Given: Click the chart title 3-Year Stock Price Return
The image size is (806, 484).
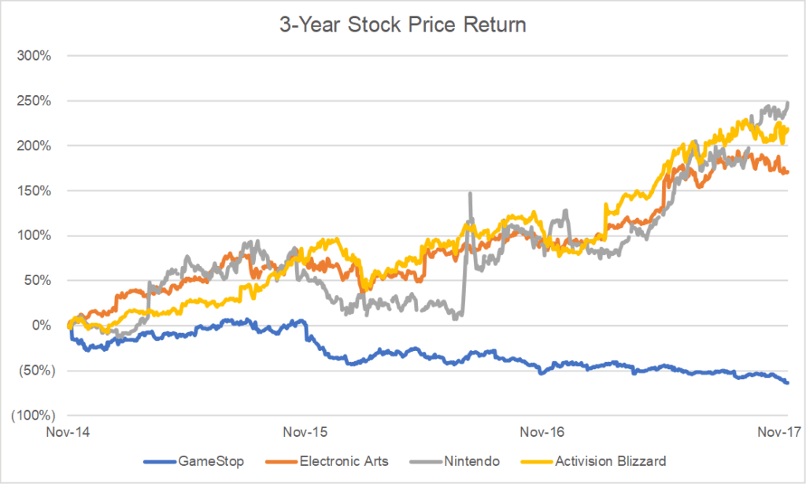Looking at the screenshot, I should pos(402,25).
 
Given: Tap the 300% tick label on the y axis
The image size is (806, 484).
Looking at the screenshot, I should pos(36,57).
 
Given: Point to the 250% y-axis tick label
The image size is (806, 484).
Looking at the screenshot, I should pos(36,102).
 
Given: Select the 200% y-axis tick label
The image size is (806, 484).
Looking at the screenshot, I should pos(36,146).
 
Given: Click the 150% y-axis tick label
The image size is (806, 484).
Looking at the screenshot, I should pos(36,191).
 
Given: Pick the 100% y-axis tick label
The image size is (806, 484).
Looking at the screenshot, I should pos(36,236).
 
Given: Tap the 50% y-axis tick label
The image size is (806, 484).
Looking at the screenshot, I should pos(39,281).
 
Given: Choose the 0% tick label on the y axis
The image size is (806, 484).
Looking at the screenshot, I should pos(43,326).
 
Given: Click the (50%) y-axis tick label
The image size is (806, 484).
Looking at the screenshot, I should pos(36,371).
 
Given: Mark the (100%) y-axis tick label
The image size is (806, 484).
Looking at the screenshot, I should pos(33,416).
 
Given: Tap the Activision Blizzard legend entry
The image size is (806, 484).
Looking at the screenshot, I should pos(603,459).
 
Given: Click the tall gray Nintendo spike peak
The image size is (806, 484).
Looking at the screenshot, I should pos(470,194).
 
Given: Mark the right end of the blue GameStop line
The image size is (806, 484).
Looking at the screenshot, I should pos(788,382).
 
